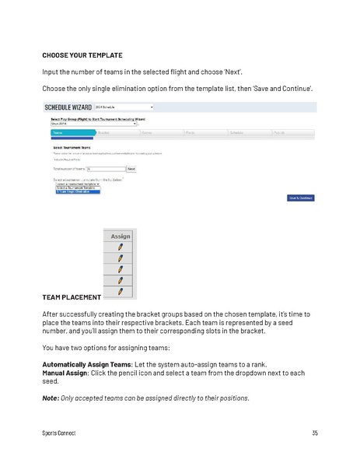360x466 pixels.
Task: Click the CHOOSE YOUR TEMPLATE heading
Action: (82, 55)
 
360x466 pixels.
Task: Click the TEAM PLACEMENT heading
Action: (71, 297)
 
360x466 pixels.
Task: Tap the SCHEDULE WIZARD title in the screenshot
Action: (68, 107)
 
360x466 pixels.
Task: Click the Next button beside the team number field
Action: (130, 168)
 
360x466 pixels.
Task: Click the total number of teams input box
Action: (104, 168)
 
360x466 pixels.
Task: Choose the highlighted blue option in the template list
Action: (78, 191)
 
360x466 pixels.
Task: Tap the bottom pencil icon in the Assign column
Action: (120, 291)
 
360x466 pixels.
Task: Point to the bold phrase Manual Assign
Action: (65, 373)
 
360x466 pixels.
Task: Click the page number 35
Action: (314, 433)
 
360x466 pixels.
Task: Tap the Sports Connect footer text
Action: (59, 433)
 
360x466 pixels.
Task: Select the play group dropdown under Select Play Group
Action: (93, 123)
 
